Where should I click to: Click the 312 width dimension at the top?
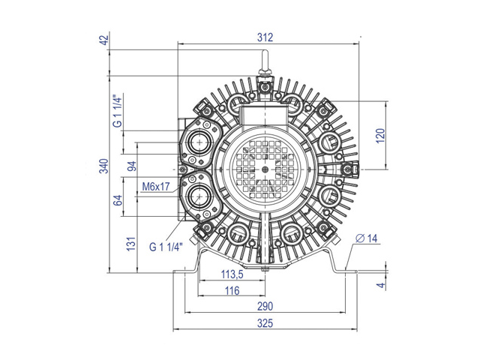pos(265,37)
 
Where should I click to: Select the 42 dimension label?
pos(105,40)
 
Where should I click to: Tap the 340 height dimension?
pos(103,166)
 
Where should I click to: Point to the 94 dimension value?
pos(132,166)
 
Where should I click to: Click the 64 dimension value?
pos(118,200)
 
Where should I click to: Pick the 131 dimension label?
pos(131,244)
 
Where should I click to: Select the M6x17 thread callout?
pos(156,187)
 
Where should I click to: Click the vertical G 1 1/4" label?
pos(118,110)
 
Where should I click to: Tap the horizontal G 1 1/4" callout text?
pos(166,247)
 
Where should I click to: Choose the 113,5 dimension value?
pos(232,274)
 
